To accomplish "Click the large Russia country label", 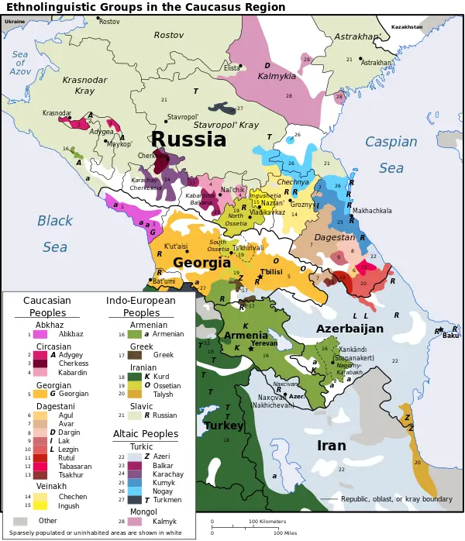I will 188,140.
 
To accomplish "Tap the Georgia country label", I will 201,263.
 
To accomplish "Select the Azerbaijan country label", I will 350,329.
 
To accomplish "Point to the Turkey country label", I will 223,426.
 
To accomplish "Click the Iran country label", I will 332,446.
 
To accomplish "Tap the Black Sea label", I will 55,233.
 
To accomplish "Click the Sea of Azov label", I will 20,62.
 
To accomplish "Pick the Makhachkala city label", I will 372,211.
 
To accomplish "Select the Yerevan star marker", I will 250,350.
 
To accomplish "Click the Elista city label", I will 232,68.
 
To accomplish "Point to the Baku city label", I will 450,336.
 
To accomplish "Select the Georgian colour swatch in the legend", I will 42,394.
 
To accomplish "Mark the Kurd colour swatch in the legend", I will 135,376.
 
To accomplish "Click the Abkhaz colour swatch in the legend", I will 42,334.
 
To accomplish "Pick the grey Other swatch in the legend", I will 21,521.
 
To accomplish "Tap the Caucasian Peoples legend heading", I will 47,307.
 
